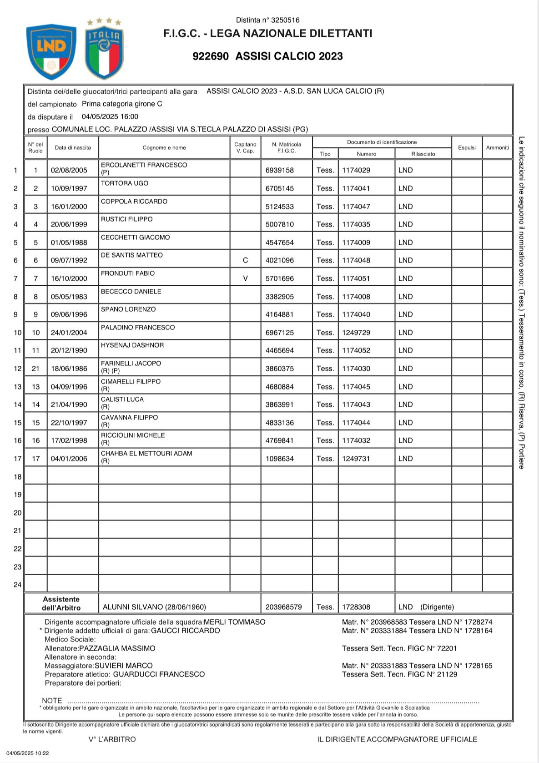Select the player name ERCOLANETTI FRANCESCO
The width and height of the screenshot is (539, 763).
(x=144, y=165)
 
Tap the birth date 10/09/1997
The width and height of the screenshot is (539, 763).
(x=69, y=188)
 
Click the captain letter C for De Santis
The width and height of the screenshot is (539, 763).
(x=246, y=260)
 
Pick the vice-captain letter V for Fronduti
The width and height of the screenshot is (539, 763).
(x=246, y=278)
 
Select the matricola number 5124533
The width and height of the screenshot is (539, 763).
(x=280, y=207)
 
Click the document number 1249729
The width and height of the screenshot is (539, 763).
(x=356, y=333)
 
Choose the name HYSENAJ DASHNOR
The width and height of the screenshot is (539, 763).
(x=132, y=345)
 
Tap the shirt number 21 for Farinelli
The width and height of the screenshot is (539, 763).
(x=35, y=369)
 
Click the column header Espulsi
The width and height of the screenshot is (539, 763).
(x=467, y=147)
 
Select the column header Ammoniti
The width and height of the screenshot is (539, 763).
(x=497, y=147)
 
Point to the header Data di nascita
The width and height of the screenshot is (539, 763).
(x=73, y=147)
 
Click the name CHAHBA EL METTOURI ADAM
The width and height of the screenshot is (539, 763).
(x=146, y=454)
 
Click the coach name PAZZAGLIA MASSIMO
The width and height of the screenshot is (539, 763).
(x=117, y=648)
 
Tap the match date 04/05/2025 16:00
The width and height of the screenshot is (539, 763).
(x=110, y=116)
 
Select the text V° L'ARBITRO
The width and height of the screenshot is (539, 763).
(x=112, y=739)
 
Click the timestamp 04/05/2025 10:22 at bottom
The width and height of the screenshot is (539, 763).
(x=28, y=753)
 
